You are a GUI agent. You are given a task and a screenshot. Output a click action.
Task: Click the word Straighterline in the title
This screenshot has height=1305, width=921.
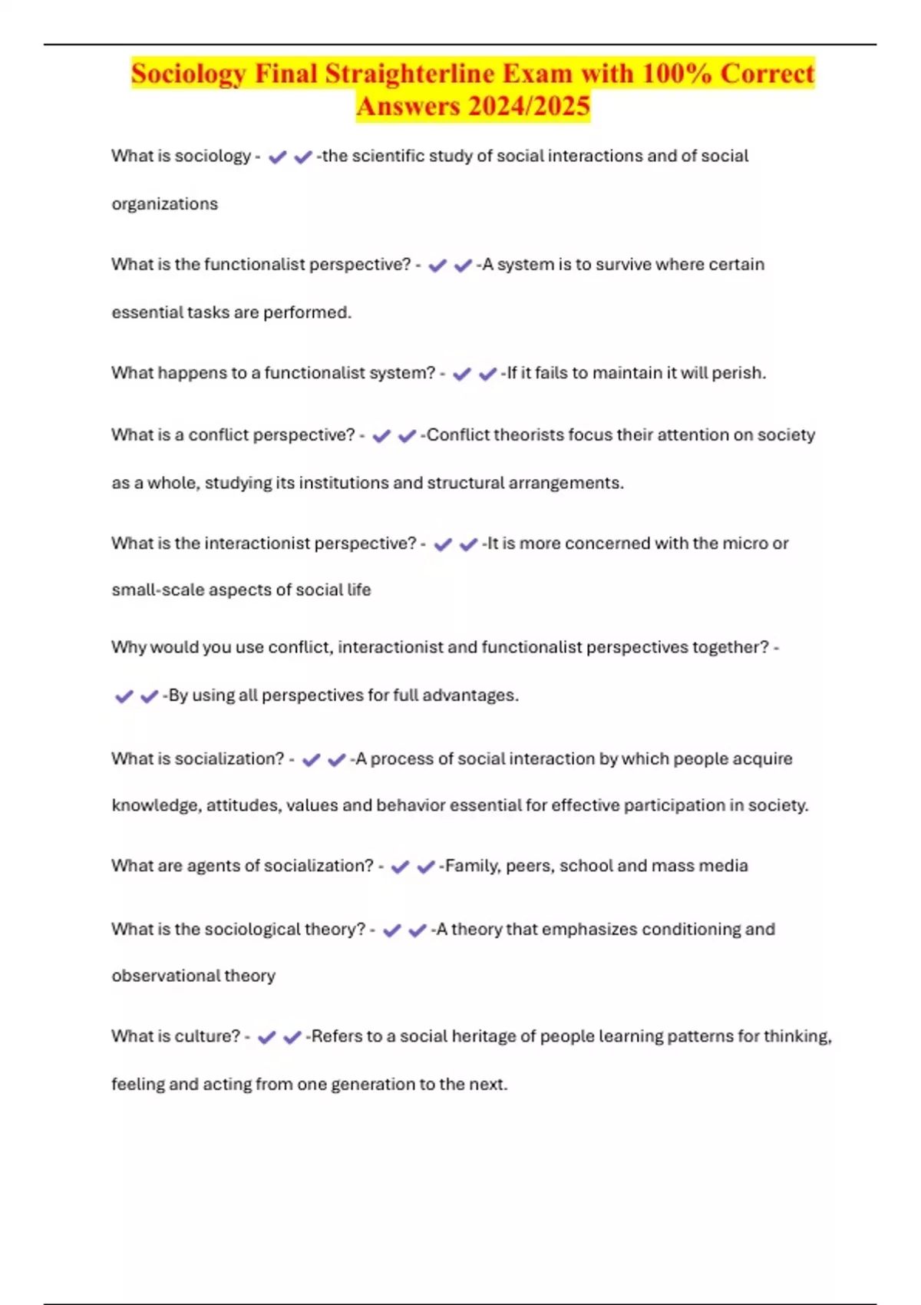[x=410, y=74]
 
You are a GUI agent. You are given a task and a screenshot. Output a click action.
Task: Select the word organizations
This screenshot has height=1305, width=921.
[x=165, y=204]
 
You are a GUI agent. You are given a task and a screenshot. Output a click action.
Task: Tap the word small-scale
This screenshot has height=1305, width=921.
[x=157, y=590]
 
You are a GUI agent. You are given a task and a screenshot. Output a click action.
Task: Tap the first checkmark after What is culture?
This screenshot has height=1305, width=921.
[x=266, y=1038]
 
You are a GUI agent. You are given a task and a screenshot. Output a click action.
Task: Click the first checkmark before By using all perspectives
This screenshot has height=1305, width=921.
[x=124, y=697]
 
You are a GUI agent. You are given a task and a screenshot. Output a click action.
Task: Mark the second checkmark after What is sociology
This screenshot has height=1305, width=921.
[x=303, y=157]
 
